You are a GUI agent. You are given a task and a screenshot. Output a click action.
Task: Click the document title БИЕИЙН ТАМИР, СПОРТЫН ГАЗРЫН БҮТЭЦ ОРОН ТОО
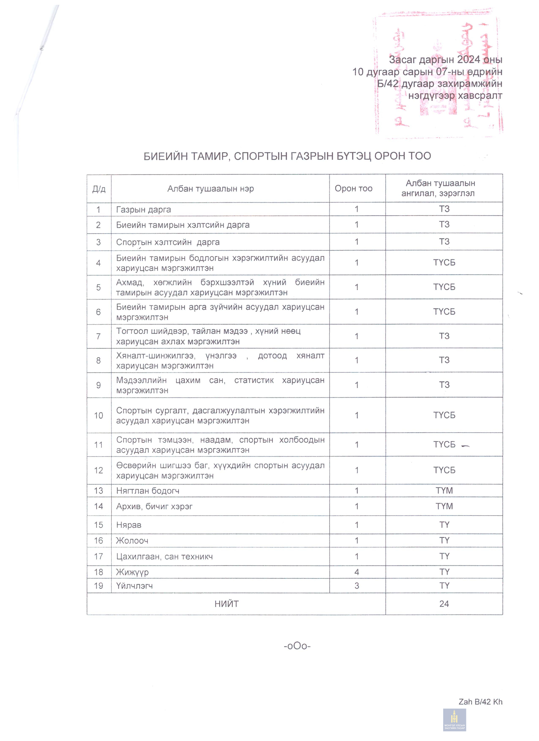coord(287,156)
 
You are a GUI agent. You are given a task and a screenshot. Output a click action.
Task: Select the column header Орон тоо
coord(353,188)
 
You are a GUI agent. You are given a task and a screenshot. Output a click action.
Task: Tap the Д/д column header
coord(99,189)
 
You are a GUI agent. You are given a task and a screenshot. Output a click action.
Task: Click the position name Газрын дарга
coord(143,210)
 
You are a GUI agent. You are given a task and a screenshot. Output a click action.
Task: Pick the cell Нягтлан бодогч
coord(148,491)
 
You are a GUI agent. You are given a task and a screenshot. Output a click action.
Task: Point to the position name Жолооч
coord(132,541)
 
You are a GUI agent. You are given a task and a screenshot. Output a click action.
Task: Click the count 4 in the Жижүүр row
coord(357,572)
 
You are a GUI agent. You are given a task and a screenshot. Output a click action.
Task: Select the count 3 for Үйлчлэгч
coord(357,586)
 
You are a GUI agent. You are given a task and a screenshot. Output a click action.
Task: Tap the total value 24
coord(444,604)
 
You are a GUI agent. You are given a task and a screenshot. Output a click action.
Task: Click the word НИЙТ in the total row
coord(226,604)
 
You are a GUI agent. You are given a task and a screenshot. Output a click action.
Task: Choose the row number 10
coord(99,416)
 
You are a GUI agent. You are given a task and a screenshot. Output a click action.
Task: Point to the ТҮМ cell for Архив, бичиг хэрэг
coord(444,506)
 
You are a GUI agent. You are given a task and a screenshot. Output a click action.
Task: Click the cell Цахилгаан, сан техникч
coord(164,557)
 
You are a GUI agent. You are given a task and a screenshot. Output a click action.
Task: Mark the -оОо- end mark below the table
coord(297,646)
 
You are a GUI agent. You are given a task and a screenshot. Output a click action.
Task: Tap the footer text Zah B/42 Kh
coord(480,702)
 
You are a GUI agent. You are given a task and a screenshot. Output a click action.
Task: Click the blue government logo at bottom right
coord(454,720)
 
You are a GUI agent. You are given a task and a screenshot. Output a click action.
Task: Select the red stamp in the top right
coord(438,73)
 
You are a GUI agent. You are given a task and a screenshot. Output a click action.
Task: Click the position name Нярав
coord(129,525)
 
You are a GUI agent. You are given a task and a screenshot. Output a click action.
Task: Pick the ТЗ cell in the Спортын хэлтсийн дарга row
coord(444,242)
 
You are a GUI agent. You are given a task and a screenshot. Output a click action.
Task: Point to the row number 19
coord(99,586)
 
